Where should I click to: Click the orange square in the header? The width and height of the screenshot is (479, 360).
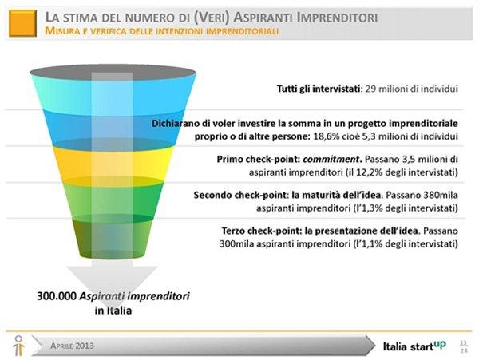(x=22, y=23)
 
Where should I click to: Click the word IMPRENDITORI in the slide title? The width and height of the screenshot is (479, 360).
(x=337, y=18)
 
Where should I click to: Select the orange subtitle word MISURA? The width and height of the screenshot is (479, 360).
(x=60, y=31)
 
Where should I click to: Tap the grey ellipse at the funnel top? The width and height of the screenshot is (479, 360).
(x=113, y=73)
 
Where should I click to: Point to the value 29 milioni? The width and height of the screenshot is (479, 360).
(x=385, y=89)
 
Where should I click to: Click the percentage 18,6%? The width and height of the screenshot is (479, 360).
(x=327, y=136)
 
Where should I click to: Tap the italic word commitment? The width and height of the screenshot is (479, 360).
(x=331, y=160)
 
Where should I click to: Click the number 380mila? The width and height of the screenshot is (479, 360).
(x=441, y=195)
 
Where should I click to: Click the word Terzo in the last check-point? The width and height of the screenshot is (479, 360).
(x=233, y=231)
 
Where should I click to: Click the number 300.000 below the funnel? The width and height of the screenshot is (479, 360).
(x=57, y=296)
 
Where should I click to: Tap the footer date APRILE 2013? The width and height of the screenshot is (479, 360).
(x=72, y=346)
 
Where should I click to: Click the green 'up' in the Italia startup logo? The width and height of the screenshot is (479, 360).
(x=440, y=344)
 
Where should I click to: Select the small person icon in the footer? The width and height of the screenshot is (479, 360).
(x=18, y=346)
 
